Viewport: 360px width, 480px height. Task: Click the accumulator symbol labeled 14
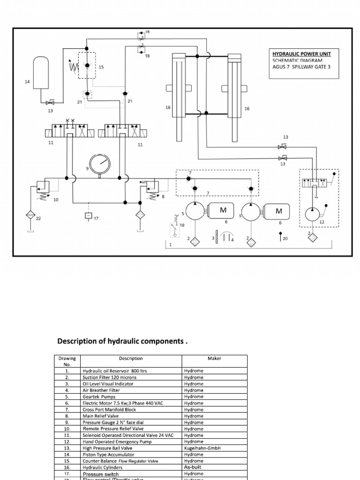click(x=42, y=72)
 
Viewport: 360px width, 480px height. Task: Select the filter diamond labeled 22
click(x=31, y=215)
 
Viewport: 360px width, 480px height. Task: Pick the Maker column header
click(x=214, y=359)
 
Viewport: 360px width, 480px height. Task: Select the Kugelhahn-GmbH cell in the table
click(x=202, y=448)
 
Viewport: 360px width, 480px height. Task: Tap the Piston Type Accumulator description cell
click(x=108, y=455)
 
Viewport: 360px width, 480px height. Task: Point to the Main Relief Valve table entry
click(x=100, y=416)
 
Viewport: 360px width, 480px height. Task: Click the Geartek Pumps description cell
click(x=98, y=397)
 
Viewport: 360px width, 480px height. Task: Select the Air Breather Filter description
click(x=101, y=390)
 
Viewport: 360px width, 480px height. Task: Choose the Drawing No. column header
click(x=67, y=361)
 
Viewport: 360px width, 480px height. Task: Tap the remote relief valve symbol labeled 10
click(x=41, y=190)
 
